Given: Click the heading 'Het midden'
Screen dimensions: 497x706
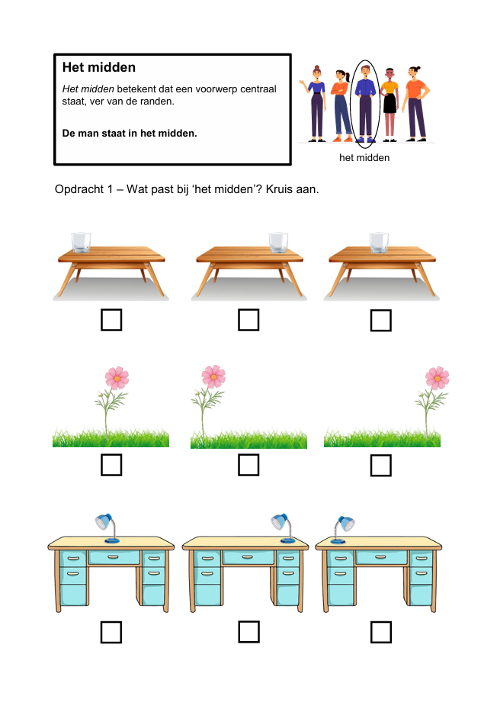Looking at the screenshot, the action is pyautogui.click(x=99, y=67).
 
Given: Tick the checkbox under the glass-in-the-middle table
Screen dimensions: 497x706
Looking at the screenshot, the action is pyautogui.click(x=381, y=320).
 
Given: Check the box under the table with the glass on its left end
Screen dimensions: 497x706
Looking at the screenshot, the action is pyautogui.click(x=111, y=320).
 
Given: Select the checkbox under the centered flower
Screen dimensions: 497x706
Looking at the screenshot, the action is pyautogui.click(x=111, y=465).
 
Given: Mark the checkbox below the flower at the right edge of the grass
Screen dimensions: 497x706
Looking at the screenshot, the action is pyautogui.click(x=381, y=465).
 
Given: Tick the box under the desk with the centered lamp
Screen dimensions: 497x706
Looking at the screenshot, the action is pyautogui.click(x=111, y=632).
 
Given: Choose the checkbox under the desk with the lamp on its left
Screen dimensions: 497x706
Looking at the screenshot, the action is pyautogui.click(x=381, y=632).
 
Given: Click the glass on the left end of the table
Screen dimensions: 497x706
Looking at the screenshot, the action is pyautogui.click(x=81, y=242).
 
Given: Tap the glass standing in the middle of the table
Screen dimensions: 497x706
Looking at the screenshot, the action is pyautogui.click(x=379, y=242).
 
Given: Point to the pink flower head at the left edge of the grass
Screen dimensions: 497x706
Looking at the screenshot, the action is pyautogui.click(x=213, y=376).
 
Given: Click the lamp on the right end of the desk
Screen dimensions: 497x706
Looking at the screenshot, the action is pyautogui.click(x=284, y=527).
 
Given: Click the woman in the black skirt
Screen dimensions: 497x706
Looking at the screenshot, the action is pyautogui.click(x=390, y=105).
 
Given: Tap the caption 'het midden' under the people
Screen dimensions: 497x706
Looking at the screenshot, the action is pyautogui.click(x=364, y=157).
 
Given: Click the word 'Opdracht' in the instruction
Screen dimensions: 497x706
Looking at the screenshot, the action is pyautogui.click(x=79, y=189).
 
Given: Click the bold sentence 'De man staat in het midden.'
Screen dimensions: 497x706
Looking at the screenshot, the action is pyautogui.click(x=130, y=134).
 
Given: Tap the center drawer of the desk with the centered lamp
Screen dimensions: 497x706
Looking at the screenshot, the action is pyautogui.click(x=114, y=557).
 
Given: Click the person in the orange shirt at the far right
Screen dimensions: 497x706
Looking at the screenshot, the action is pyautogui.click(x=415, y=104).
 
